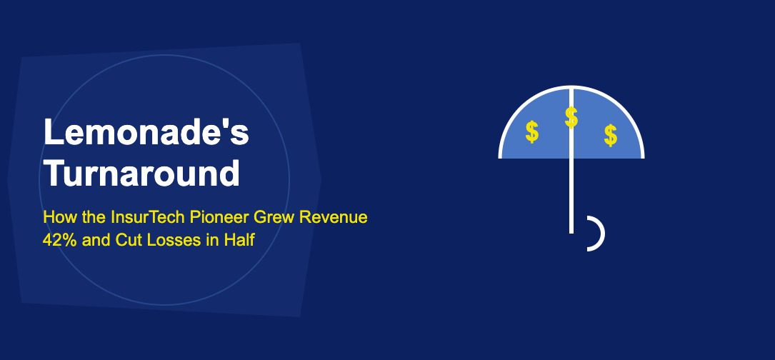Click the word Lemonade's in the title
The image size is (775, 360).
(x=146, y=134)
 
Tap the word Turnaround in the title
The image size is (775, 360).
(x=141, y=174)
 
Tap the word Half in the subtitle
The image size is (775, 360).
(x=239, y=240)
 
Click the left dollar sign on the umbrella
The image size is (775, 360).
(x=532, y=132)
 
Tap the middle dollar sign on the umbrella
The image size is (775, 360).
(x=571, y=117)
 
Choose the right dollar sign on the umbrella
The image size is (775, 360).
(x=610, y=134)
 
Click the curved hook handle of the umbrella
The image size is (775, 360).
(x=598, y=234)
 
